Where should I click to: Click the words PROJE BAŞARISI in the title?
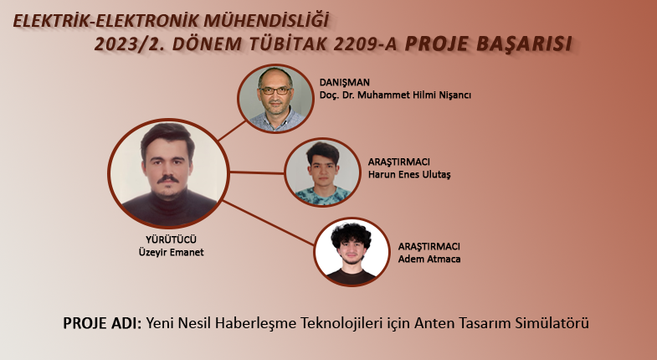point(488,44)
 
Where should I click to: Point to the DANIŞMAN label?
point(345,83)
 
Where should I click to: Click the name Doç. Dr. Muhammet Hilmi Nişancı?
point(395,95)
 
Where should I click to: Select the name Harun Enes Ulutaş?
point(409,174)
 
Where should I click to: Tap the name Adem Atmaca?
point(429,259)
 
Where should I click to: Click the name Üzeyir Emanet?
point(171,252)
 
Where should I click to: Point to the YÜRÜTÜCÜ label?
point(171,239)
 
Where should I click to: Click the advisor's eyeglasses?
point(275,90)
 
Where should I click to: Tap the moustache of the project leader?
point(167,179)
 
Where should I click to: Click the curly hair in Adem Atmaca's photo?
point(352,235)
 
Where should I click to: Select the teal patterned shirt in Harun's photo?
point(322,196)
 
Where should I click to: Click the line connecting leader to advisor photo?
point(232,131)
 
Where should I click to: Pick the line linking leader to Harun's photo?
point(257,172)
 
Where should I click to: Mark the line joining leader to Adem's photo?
point(267,223)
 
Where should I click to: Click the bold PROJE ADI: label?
point(102,323)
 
